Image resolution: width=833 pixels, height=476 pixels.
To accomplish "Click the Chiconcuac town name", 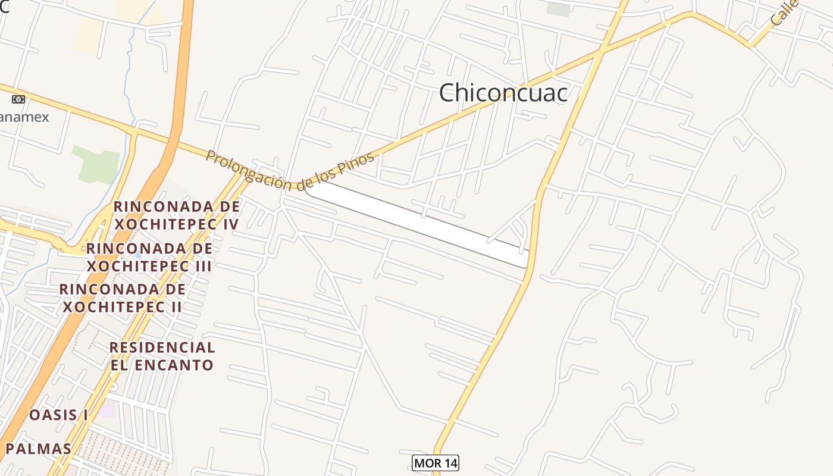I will pyautogui.click(x=503, y=93).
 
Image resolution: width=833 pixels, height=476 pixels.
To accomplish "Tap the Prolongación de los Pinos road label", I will pyautogui.click(x=290, y=169).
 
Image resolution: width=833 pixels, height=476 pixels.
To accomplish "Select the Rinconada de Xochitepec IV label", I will pyautogui.click(x=177, y=215).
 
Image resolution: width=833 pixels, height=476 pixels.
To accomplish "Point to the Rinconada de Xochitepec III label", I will pyautogui.click(x=149, y=256).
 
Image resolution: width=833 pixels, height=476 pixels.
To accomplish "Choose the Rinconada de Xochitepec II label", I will pyautogui.click(x=123, y=297).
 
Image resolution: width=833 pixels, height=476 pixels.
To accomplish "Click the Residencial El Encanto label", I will pyautogui.click(x=162, y=356).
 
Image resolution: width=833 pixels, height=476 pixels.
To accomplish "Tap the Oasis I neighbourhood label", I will pyautogui.click(x=59, y=415).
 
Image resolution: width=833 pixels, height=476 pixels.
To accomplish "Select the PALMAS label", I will pyautogui.click(x=38, y=449).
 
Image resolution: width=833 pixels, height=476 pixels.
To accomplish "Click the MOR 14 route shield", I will pyautogui.click(x=436, y=462).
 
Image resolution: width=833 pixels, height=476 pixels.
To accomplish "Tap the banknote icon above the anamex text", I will pyautogui.click(x=18, y=99).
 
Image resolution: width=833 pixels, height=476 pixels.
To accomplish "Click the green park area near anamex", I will pyautogui.click(x=96, y=163).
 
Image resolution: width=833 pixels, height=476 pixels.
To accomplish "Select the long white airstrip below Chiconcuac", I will pyautogui.click(x=416, y=223).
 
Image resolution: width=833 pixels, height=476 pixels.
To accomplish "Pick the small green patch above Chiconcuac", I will pyautogui.click(x=558, y=9).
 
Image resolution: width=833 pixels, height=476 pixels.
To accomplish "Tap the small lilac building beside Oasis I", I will pyautogui.click(x=108, y=409).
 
